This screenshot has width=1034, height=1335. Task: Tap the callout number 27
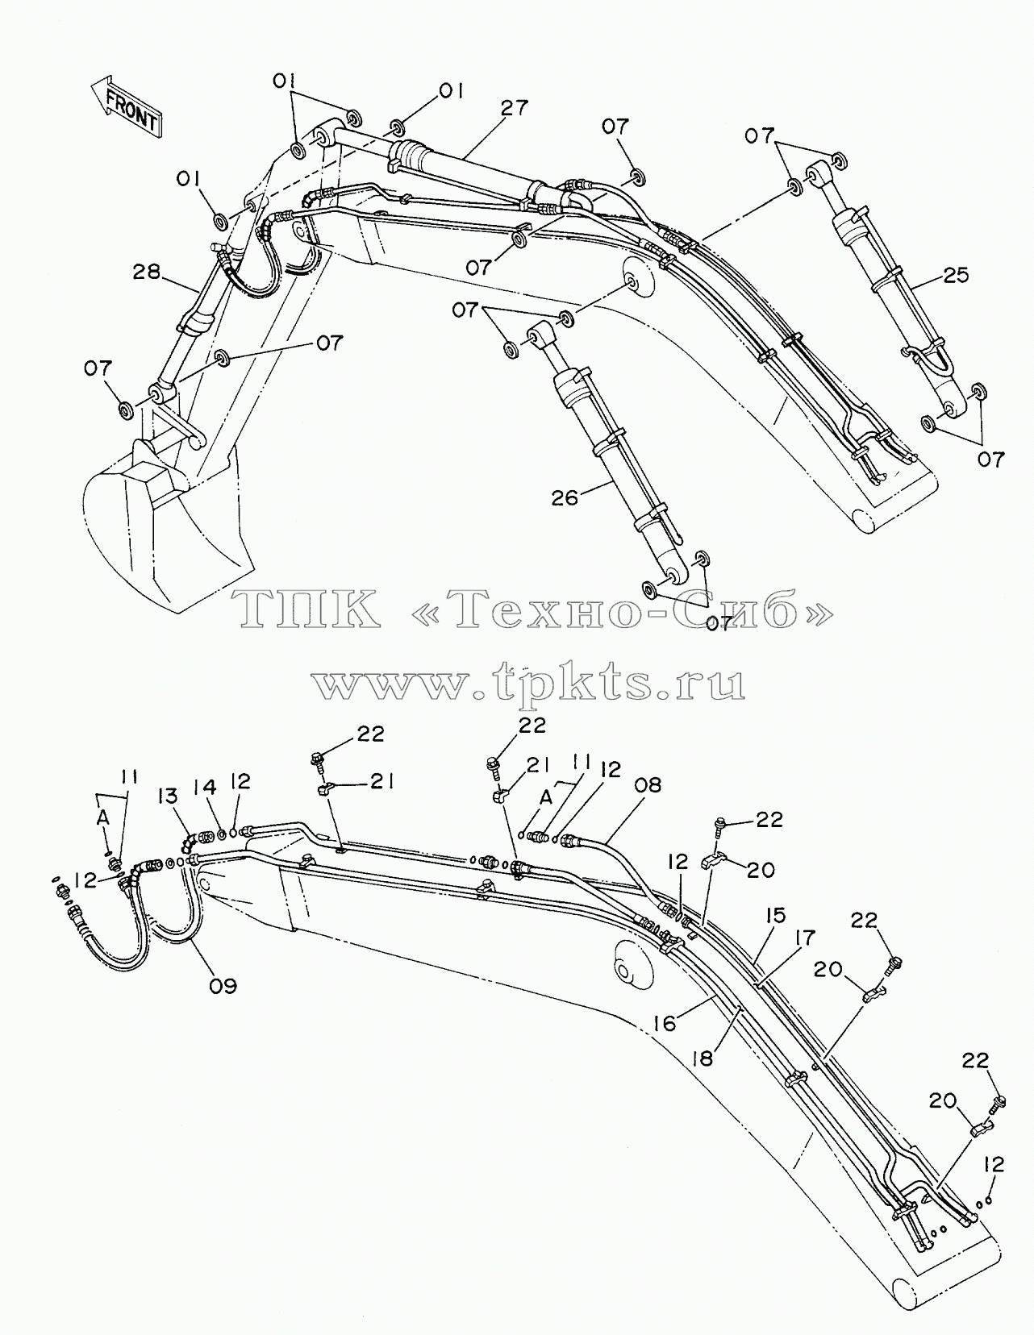click(513, 109)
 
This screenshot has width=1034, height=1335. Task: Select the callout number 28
click(148, 272)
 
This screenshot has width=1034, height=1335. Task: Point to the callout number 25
click(954, 274)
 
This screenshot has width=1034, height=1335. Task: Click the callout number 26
click(565, 497)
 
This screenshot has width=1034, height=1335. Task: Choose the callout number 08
click(648, 785)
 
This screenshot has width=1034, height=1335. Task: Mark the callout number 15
click(775, 916)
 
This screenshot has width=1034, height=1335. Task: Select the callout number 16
click(665, 1023)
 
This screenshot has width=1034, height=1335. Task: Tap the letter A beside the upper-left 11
click(104, 817)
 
